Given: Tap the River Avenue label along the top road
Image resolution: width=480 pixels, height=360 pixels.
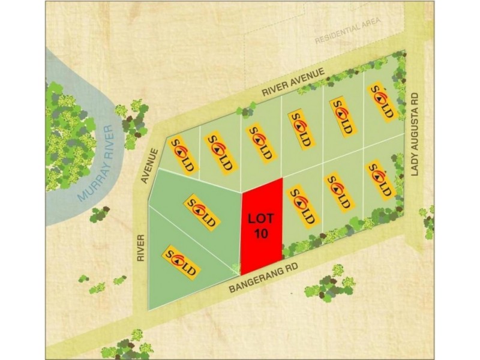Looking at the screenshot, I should tap(293, 82).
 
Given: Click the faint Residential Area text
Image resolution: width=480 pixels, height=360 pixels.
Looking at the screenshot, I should tap(347, 32).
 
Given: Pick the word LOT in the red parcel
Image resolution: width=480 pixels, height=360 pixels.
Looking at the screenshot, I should tap(260, 219).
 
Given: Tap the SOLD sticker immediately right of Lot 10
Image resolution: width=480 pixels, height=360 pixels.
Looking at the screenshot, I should tap(302, 205).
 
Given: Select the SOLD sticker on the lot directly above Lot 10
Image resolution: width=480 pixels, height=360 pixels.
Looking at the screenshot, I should tap(260, 142).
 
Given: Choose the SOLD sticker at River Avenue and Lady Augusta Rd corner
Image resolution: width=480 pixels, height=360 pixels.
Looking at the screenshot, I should tap(382, 101).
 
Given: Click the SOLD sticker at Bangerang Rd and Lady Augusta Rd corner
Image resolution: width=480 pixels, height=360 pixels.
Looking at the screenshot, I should tap(380, 178).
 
